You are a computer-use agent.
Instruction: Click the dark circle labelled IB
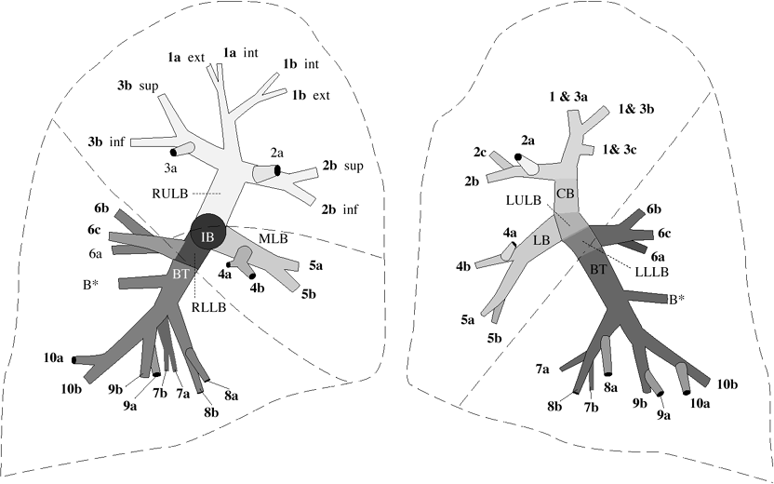[207, 235]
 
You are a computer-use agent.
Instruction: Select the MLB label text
[272, 239]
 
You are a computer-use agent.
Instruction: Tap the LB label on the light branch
[541, 239]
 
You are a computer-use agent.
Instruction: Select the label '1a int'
[239, 54]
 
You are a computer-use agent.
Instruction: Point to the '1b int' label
[301, 64]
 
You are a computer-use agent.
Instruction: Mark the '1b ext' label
[312, 95]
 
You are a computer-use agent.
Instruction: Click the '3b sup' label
[136, 86]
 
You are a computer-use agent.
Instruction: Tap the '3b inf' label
[107, 141]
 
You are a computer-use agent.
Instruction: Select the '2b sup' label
[343, 166]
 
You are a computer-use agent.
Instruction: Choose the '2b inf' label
[340, 208]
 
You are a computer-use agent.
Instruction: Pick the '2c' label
[479, 151]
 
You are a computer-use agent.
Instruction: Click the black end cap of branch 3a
[174, 151]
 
